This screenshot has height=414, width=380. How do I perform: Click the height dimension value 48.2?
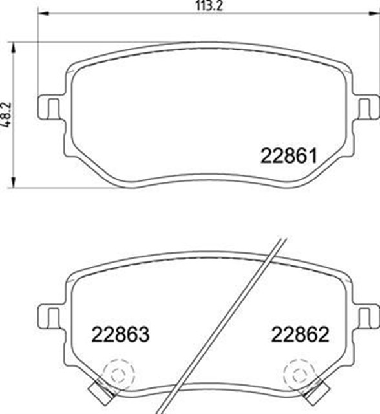(x=6, y=115)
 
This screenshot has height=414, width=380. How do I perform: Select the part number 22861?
(x=288, y=157)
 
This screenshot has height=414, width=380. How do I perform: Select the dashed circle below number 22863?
(x=116, y=373)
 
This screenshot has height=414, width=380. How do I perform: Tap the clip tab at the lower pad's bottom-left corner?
(x=98, y=389)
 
